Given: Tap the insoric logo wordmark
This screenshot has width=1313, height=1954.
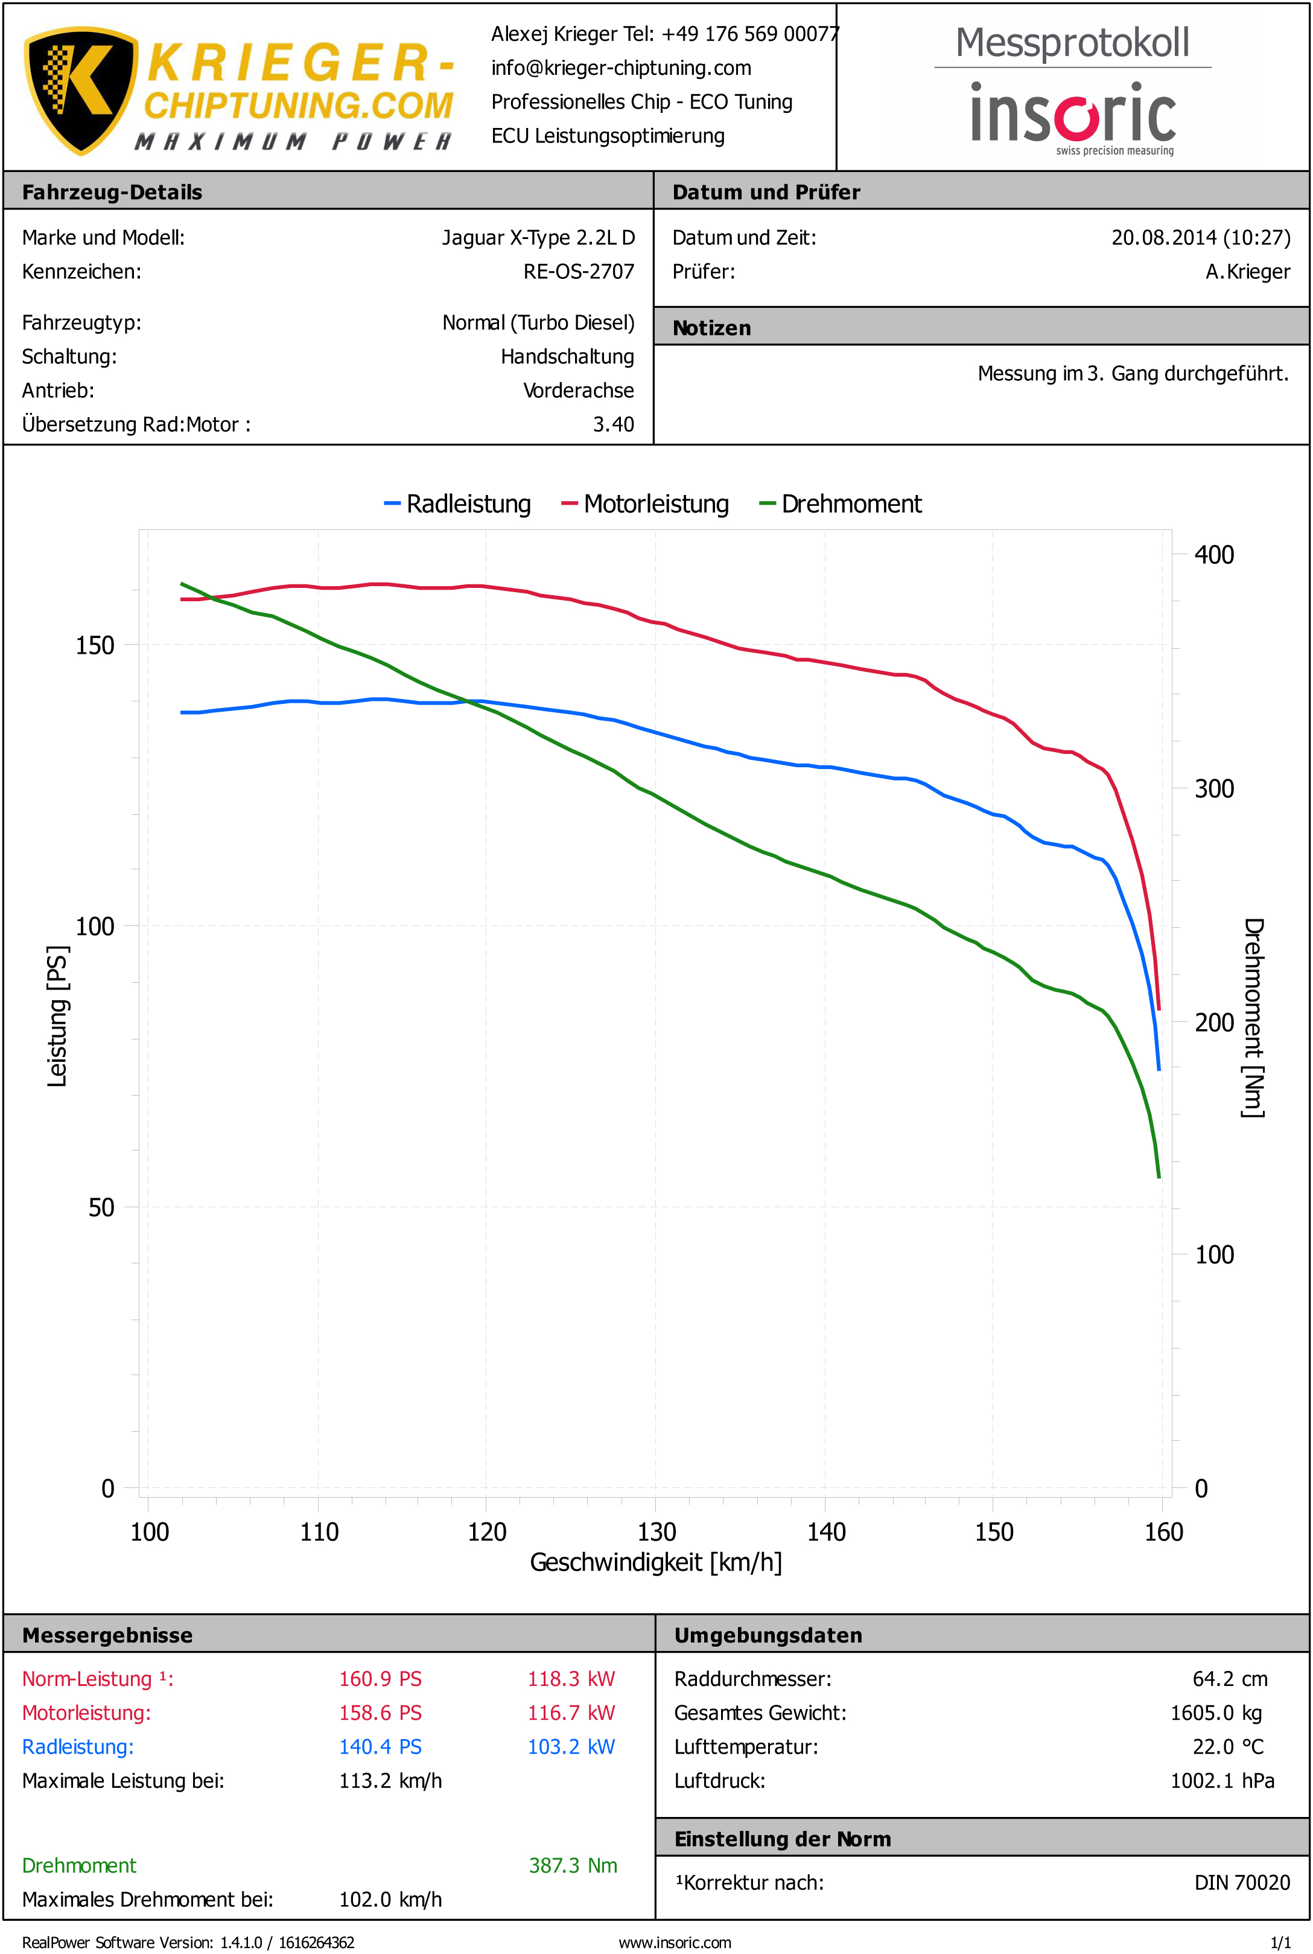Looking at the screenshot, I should [x=1073, y=114].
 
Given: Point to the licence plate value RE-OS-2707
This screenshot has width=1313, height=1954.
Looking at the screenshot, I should [x=579, y=272].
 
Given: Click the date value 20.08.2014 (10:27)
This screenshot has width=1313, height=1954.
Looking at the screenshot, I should [x=1200, y=238].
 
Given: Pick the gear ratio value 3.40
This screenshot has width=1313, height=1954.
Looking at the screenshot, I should [x=613, y=424].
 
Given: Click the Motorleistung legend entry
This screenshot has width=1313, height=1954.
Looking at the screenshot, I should [x=645, y=504].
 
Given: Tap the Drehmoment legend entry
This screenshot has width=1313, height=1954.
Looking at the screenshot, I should [x=840, y=504].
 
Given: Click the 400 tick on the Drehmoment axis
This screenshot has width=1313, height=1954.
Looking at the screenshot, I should [x=1213, y=555].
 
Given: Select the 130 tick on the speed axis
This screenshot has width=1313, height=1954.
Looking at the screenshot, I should [x=656, y=1532].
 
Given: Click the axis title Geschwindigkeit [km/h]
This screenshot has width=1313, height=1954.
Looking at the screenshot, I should [x=656, y=1563].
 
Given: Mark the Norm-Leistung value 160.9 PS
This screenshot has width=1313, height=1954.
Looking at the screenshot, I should [x=380, y=1679].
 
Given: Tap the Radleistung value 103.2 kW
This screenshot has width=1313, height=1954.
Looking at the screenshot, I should [x=571, y=1747].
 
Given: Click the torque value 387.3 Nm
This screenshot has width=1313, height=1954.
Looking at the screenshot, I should [x=573, y=1866].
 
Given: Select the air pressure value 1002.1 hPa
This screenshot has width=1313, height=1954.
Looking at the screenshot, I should [x=1222, y=1781].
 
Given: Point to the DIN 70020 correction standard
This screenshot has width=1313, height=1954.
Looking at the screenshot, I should [x=1242, y=1883].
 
